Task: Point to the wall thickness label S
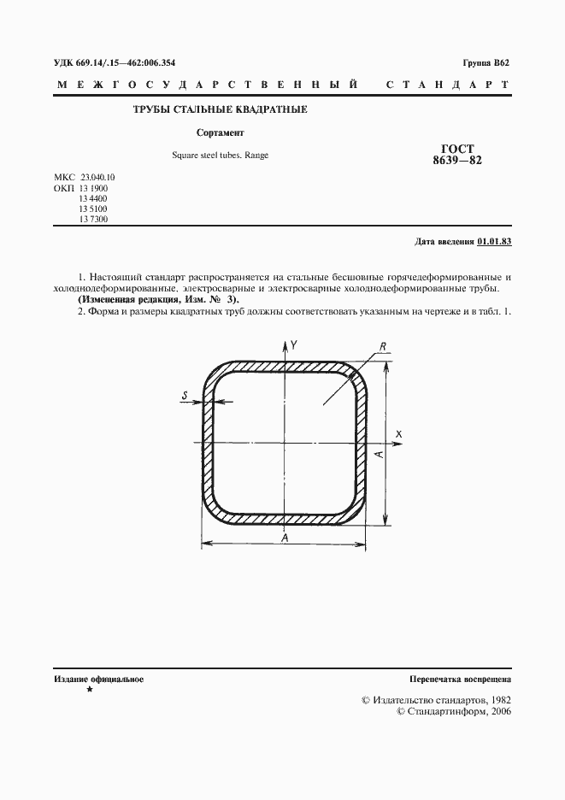[185, 394]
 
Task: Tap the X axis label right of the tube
[398, 435]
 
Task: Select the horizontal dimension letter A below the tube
[285, 538]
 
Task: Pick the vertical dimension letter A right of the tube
[378, 455]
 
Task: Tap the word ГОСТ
[457, 147]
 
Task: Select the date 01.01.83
[494, 242]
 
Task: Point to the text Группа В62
[486, 62]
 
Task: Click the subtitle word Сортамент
[221, 132]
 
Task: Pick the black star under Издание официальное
[89, 689]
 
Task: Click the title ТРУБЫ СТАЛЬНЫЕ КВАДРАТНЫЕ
[219, 110]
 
